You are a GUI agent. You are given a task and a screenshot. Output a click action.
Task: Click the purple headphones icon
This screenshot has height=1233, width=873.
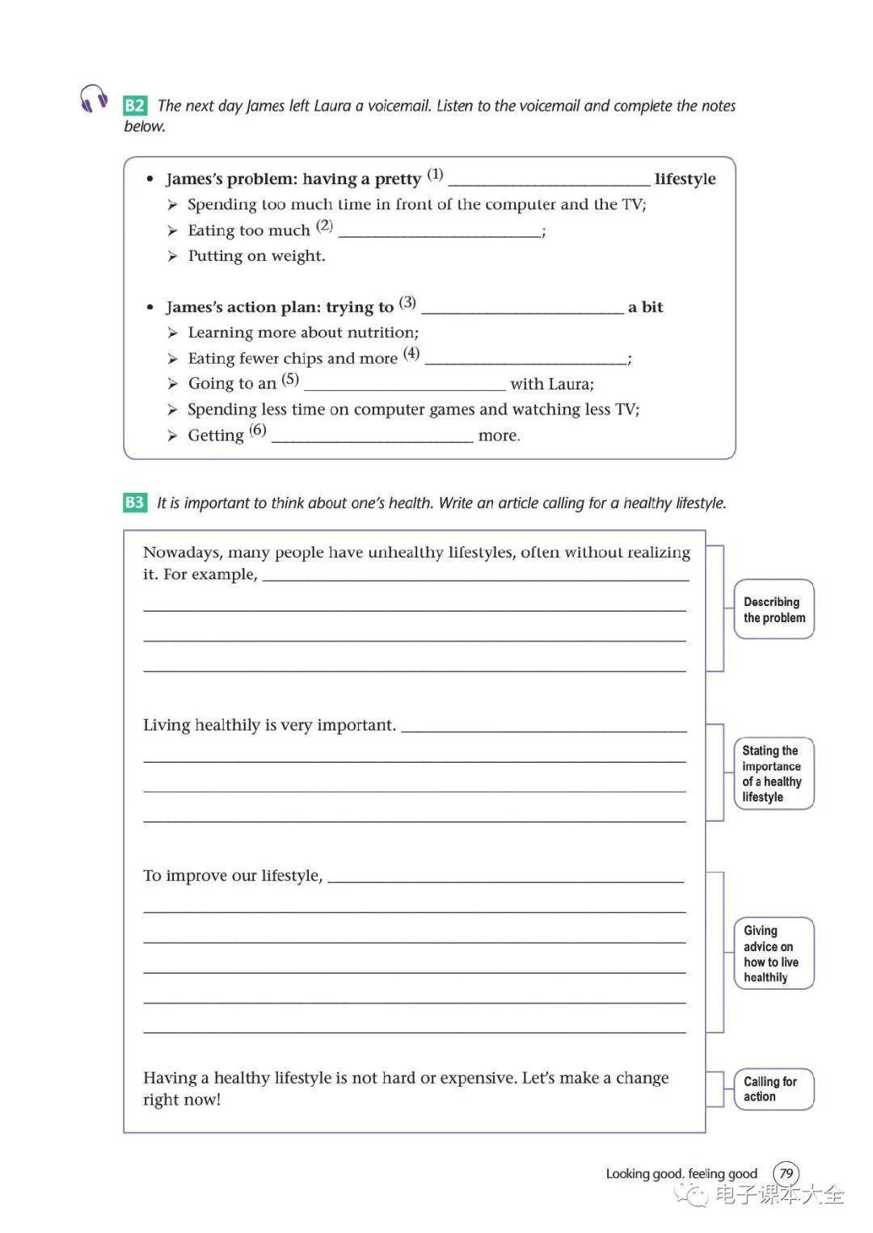pos(94,99)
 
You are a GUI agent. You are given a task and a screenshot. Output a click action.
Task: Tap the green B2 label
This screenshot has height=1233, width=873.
pos(134,106)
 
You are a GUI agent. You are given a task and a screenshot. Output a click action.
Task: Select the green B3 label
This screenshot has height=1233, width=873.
pos(134,503)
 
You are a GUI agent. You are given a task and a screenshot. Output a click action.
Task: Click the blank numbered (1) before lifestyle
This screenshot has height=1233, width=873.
pos(548,180)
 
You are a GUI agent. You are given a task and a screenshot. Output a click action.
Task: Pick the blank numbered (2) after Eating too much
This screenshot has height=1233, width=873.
pos(440,232)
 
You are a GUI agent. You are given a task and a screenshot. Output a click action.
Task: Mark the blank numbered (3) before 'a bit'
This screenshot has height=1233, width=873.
pos(522,308)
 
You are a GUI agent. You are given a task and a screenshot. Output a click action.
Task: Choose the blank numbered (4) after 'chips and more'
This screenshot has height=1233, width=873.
pos(525,360)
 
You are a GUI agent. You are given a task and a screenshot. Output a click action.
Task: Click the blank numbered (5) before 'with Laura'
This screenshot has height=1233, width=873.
pos(404,385)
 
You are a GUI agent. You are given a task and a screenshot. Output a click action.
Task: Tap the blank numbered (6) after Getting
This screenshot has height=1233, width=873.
pos(372,436)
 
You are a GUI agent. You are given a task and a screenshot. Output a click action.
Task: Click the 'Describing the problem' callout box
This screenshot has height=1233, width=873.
pos(774,610)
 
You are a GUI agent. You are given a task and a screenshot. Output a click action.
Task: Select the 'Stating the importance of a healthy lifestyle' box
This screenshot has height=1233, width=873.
pos(773,773)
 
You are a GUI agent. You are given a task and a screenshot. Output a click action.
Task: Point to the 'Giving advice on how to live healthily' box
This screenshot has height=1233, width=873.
pos(773,953)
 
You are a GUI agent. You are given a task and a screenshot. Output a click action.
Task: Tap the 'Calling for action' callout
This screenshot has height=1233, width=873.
pos(772,1089)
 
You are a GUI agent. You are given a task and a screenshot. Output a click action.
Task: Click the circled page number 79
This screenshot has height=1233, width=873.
pos(786,1173)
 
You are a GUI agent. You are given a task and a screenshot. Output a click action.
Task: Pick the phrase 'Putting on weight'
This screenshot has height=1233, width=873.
pos(256,256)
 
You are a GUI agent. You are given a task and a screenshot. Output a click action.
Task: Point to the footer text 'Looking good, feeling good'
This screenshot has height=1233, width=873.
pos(681,1174)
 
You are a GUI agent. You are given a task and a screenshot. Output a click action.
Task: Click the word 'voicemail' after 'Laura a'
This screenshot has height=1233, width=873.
pos(399,106)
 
